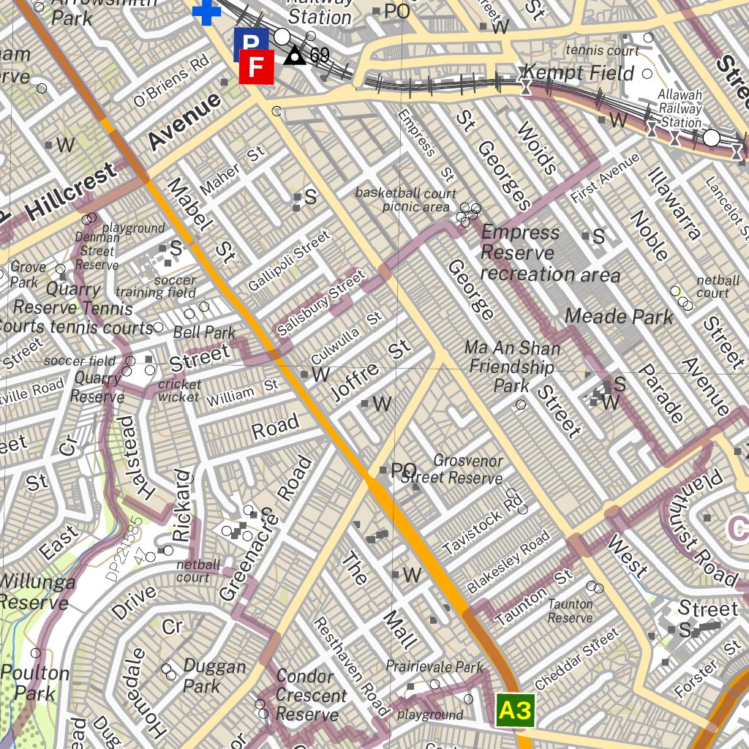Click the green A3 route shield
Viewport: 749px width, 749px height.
click(x=515, y=711)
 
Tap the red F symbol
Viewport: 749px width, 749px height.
click(x=256, y=67)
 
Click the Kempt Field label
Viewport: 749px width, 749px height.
click(x=579, y=73)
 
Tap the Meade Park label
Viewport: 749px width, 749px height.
click(x=619, y=317)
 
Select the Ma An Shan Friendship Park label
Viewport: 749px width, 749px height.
click(x=512, y=366)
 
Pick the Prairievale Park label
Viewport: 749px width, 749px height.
click(x=434, y=667)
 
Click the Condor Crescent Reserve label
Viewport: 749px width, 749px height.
click(x=310, y=695)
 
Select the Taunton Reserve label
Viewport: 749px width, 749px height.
click(x=571, y=611)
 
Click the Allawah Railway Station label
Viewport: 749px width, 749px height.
click(x=680, y=108)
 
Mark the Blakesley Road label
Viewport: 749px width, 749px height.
click(x=508, y=562)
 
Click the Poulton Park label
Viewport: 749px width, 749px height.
click(x=34, y=682)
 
